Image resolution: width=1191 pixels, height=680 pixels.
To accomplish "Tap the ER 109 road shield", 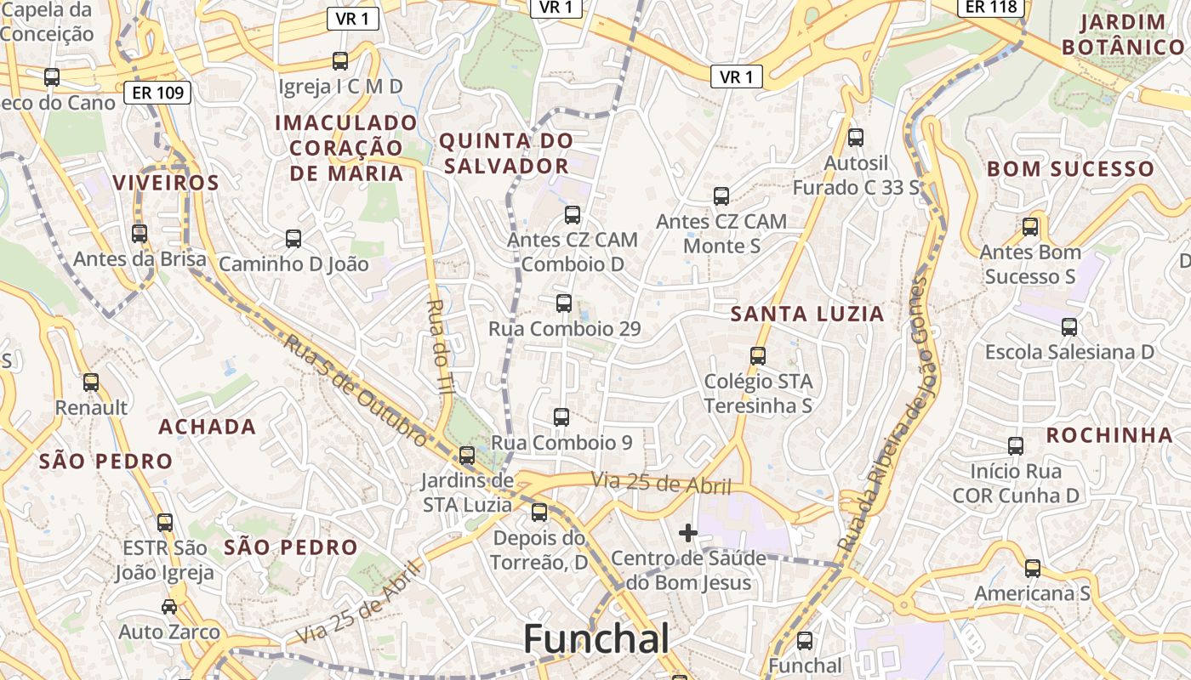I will tap(157, 93).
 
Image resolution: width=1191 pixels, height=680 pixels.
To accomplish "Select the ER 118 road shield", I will tap(991, 7).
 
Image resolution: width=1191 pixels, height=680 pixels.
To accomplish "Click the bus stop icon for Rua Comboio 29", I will tap(563, 303).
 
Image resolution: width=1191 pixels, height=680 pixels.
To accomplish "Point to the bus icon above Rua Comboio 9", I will tap(561, 417).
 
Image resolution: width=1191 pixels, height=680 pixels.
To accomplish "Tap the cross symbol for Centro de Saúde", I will tap(688, 533).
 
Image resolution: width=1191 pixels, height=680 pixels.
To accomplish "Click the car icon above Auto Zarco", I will tap(169, 607).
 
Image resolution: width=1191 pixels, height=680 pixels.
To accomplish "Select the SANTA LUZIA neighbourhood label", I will tap(807, 314).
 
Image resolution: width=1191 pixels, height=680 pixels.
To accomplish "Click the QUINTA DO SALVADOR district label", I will tap(506, 153).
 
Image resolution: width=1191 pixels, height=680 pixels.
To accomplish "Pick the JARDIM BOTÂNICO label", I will tap(1123, 35).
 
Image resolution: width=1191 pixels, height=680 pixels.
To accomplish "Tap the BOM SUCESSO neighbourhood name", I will tap(1070, 168).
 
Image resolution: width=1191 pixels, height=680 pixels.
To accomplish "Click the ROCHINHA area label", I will tap(1109, 435).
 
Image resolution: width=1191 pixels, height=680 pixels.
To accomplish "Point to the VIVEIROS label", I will tap(166, 183).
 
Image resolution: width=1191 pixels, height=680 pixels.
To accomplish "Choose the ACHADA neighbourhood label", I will tap(208, 427).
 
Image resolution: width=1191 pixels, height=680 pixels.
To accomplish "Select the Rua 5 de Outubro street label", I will tap(355, 390).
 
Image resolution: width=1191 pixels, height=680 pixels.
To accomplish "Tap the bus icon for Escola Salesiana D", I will tap(1069, 327).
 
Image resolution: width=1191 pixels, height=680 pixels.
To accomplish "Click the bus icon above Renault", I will tap(91, 382).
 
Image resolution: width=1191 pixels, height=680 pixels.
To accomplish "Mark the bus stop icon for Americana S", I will tap(1032, 569).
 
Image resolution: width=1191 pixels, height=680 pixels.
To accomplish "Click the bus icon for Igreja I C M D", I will tap(340, 61).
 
